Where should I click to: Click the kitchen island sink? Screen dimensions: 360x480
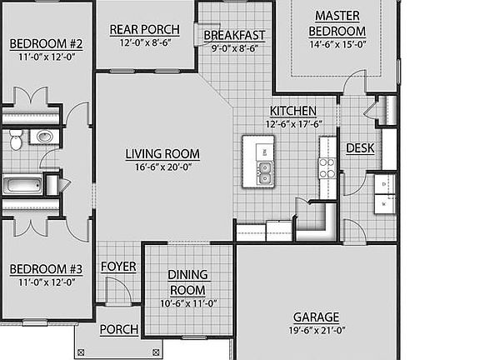point(265,173)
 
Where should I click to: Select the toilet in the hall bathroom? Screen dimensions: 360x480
point(16,142)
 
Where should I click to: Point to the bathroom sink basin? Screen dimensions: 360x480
point(45,137)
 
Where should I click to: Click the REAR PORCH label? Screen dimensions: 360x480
point(145,30)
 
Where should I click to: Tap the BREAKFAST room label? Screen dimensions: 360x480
point(234,35)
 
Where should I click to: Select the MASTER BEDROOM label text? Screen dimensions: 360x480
point(337,23)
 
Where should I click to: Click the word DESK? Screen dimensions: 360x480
point(359,148)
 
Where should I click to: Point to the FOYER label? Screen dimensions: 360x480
point(118,267)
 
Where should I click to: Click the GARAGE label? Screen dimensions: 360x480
point(316,317)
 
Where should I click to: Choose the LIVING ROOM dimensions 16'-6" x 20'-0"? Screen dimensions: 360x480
point(162,167)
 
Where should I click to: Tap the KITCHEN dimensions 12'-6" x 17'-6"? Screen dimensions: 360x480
point(292,123)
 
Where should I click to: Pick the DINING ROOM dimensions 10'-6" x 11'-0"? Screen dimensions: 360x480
point(187,303)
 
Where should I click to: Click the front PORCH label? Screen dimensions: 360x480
point(119,330)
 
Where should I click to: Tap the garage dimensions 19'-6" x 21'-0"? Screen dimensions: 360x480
point(316,330)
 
